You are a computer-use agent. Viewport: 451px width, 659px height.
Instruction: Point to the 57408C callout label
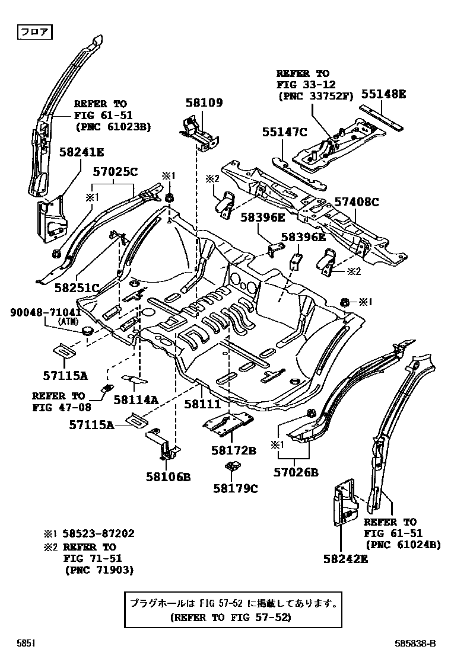tap(355, 202)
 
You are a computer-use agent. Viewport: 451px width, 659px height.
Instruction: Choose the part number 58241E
tap(81, 152)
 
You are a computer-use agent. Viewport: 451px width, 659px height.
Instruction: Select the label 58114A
tap(136, 400)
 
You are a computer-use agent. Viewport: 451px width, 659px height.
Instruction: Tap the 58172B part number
tap(233, 450)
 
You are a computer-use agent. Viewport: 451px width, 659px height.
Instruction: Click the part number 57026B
tap(296, 472)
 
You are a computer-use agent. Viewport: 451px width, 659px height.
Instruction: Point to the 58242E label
tap(346, 558)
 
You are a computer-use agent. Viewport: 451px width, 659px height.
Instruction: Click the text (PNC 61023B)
tap(113, 126)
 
